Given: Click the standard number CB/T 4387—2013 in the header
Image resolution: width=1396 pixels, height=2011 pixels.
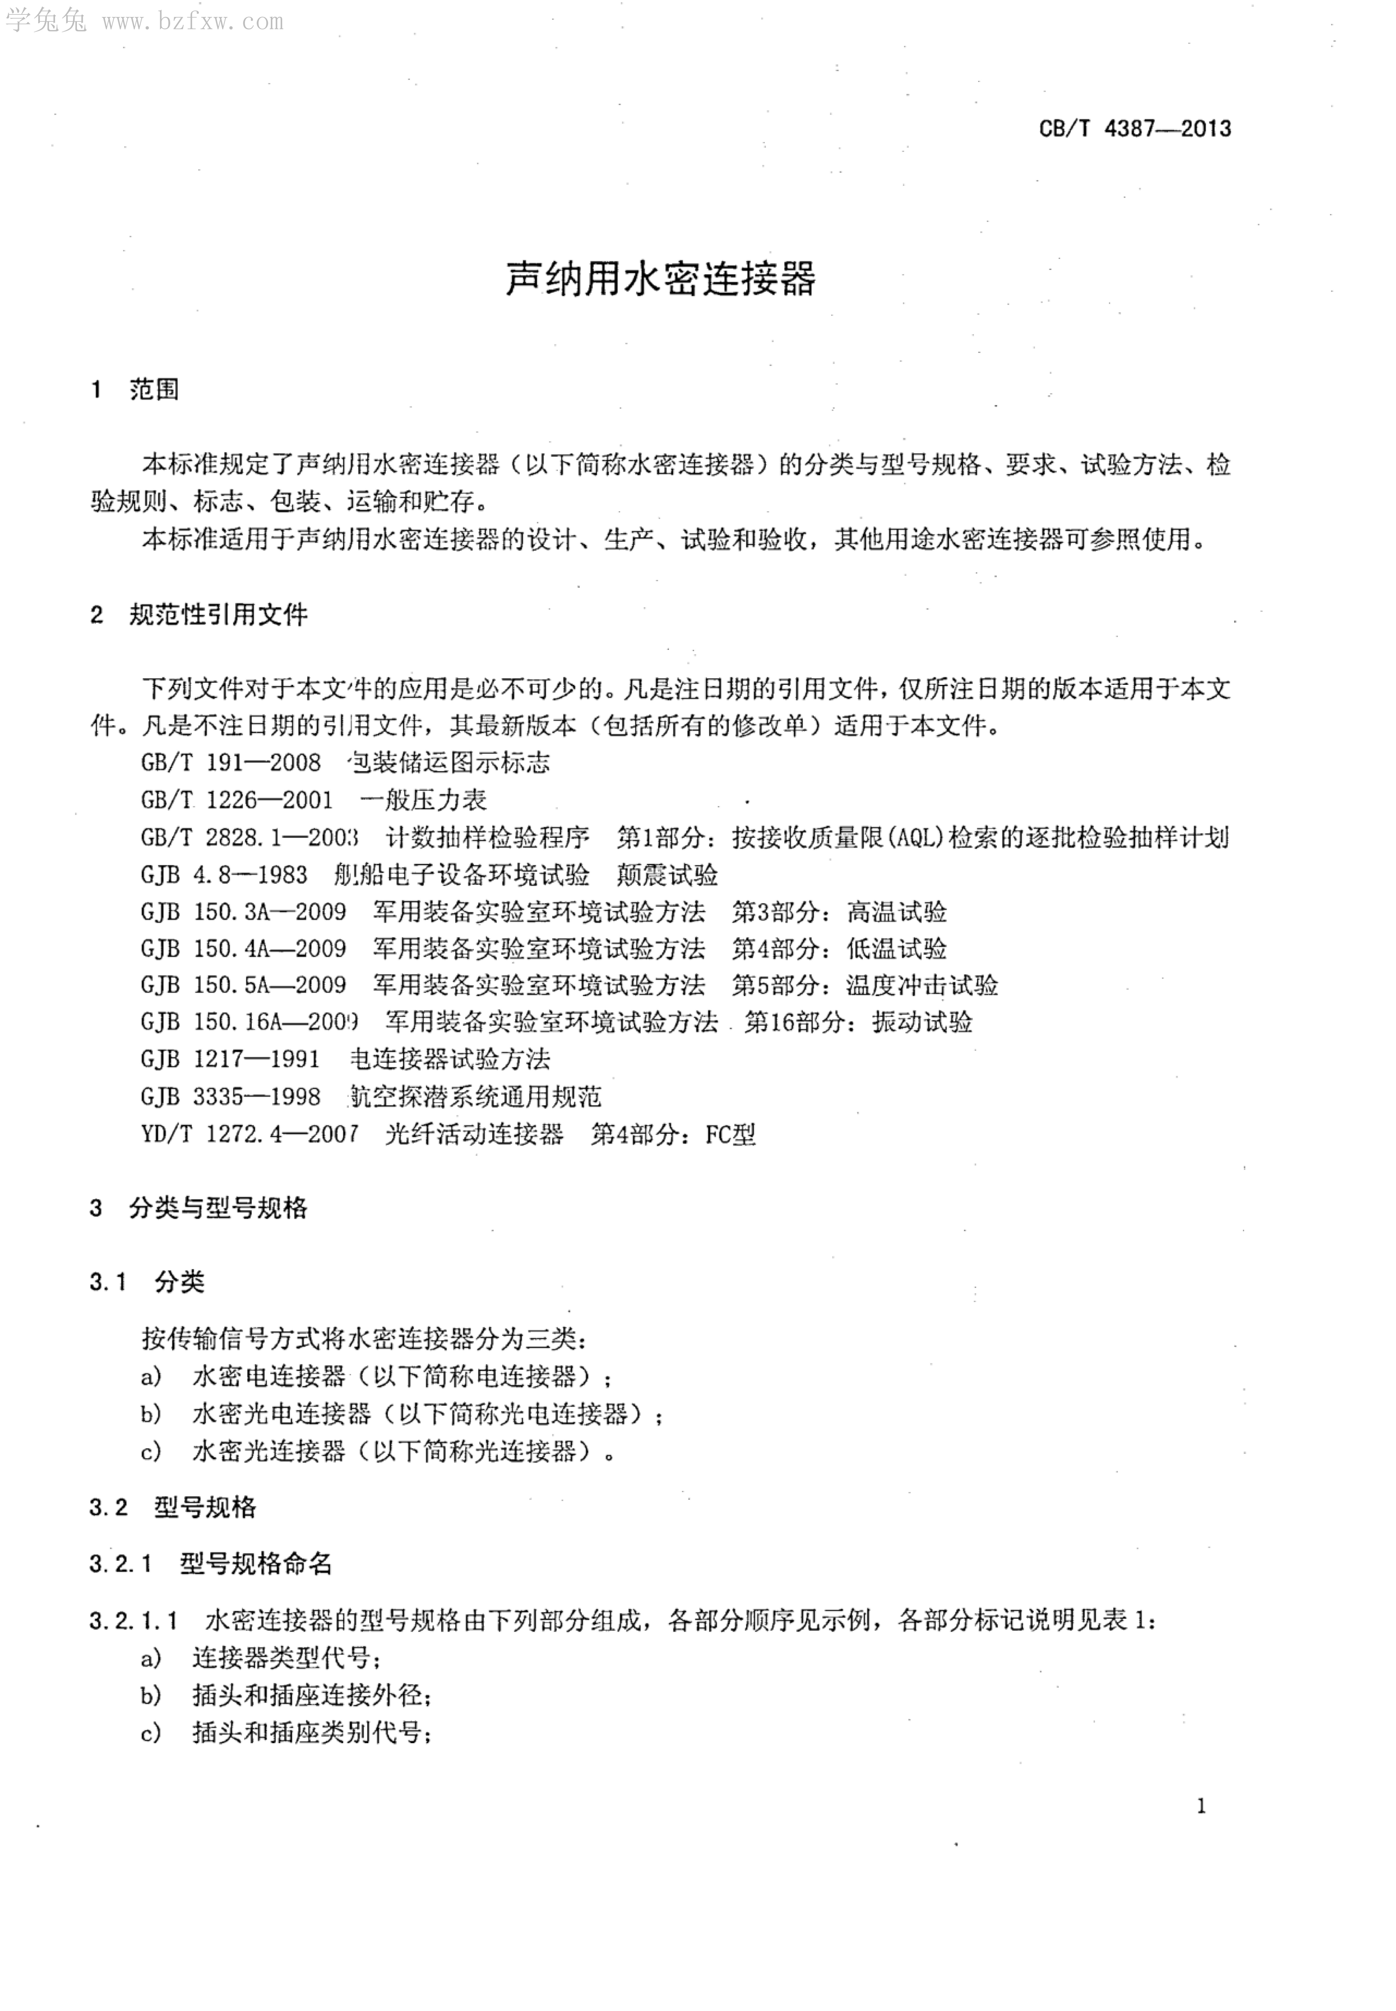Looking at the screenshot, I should [1134, 129].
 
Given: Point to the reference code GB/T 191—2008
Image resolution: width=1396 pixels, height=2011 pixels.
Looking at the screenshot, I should [231, 762].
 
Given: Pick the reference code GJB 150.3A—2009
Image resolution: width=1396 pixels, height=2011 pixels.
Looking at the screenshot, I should [243, 912].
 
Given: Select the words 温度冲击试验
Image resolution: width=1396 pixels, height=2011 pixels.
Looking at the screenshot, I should [922, 985].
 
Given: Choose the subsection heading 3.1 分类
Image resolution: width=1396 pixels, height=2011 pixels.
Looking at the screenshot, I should [147, 1283].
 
